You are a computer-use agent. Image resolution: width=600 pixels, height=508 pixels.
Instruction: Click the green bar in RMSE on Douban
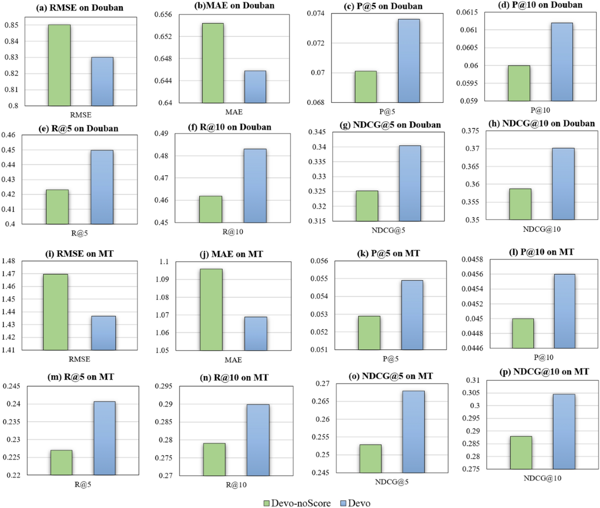[x=59, y=65]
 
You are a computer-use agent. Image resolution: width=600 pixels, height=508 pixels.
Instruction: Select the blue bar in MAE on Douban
[x=255, y=87]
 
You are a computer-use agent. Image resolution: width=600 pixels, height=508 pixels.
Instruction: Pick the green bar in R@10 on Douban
[x=210, y=209]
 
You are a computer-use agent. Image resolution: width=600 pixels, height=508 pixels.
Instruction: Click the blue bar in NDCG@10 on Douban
[x=563, y=184]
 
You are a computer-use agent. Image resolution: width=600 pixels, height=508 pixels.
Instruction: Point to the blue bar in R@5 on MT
[x=104, y=438]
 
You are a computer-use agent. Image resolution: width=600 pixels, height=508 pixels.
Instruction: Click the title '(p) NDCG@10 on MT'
[x=543, y=372]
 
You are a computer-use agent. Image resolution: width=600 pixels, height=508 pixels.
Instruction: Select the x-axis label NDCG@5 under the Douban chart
[x=388, y=231]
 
